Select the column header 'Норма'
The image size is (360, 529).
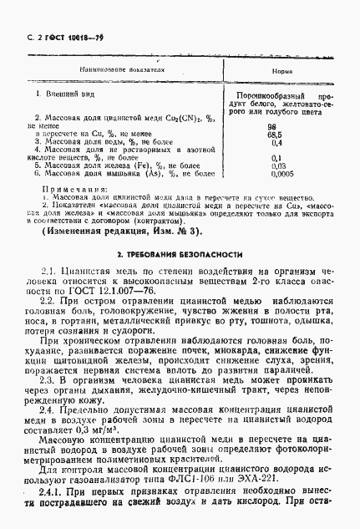click(282, 72)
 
